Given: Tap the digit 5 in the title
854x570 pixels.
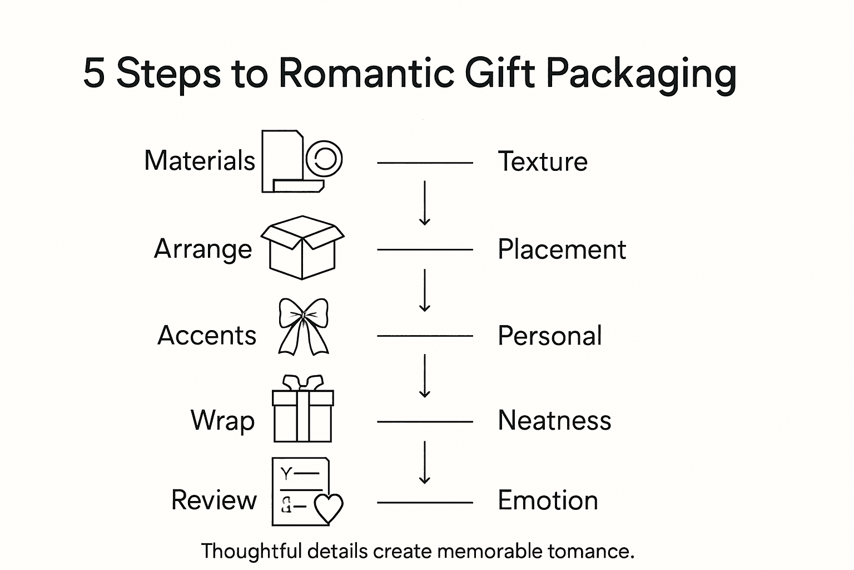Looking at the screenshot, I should (x=94, y=73).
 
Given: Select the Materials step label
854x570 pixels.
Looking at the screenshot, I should (x=199, y=161).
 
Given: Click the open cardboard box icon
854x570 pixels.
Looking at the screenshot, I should (x=302, y=247).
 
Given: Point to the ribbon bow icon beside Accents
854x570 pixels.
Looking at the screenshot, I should (x=303, y=327).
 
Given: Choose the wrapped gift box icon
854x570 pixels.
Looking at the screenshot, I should (x=302, y=410).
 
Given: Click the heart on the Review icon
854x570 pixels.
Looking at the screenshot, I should (x=329, y=508).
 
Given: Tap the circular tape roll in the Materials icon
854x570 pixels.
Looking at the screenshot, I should (x=324, y=159).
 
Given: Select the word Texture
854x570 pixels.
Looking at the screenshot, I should (x=542, y=162).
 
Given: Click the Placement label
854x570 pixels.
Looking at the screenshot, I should (x=562, y=249).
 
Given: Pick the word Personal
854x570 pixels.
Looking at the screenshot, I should (x=549, y=336).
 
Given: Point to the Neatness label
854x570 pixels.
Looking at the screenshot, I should (x=554, y=420).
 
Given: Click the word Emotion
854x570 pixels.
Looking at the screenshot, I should (x=548, y=500).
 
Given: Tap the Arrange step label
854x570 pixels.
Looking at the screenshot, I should (x=203, y=249).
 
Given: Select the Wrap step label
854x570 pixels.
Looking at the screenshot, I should (x=222, y=420).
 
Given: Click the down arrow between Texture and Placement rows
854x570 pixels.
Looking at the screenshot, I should (x=425, y=203).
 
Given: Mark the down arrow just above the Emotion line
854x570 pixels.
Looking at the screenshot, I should (x=425, y=462).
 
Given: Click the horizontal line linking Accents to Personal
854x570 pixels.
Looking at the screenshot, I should (x=425, y=336).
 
